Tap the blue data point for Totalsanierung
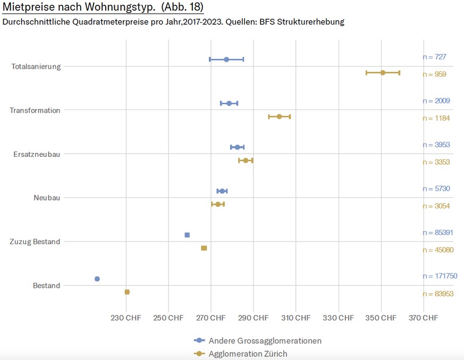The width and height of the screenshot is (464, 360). tap(226, 60)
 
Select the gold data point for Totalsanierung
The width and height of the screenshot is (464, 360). tap(383, 72)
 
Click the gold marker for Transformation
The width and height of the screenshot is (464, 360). tap(279, 116)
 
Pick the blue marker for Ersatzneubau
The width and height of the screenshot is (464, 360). tap(237, 147)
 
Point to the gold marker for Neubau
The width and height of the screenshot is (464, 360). tap(218, 204)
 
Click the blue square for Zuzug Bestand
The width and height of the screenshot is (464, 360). tap(187, 235)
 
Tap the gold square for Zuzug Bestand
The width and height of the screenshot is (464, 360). tap(204, 248)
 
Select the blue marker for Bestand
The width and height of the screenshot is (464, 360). tap(97, 279)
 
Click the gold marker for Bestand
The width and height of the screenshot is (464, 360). tap(127, 292)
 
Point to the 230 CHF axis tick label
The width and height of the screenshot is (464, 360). tap(126, 318)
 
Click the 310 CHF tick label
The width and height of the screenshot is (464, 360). tap(296, 318)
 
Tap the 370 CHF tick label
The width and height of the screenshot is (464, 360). tap(423, 318)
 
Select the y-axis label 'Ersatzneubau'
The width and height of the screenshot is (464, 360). tap(37, 154)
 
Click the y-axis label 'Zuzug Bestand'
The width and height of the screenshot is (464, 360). tap(35, 242)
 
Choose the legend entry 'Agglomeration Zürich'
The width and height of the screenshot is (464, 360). tap(248, 354)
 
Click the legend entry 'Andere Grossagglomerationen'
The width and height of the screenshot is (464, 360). tap(265, 341)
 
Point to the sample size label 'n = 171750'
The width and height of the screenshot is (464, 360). tap(440, 277)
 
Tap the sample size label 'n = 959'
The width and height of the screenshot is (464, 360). tap(434, 74)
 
